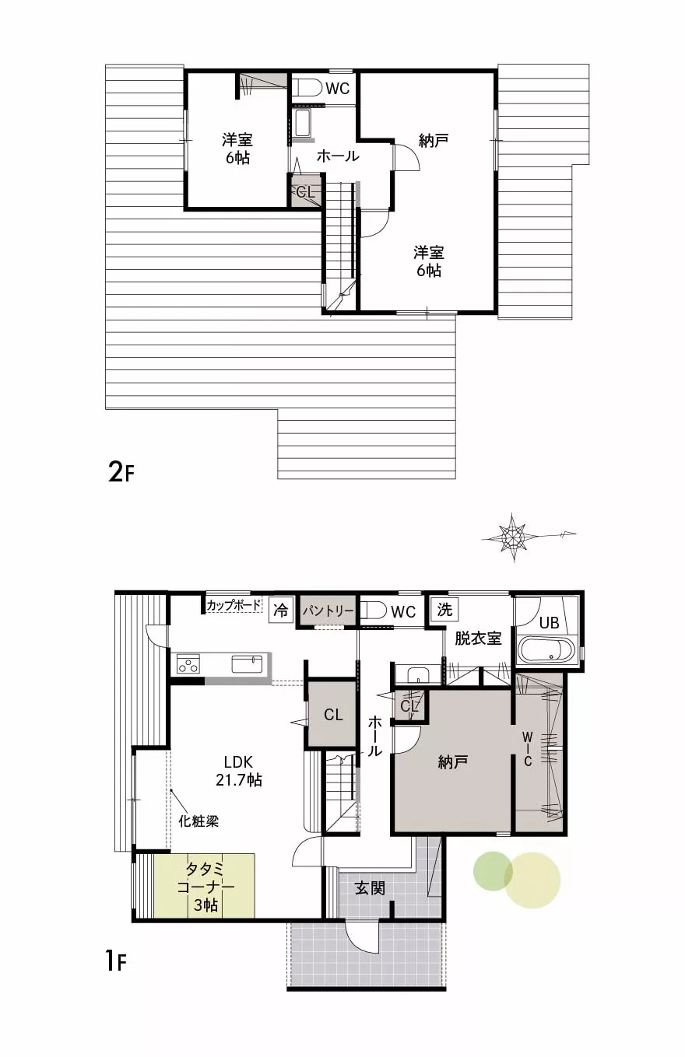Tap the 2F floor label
pyautogui.click(x=121, y=471)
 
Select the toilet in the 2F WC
pyautogui.click(x=306, y=88)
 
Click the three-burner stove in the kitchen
pyautogui.click(x=188, y=663)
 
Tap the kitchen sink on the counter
pyautogui.click(x=247, y=663)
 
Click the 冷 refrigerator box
pyautogui.click(x=280, y=611)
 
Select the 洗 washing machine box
pyautogui.click(x=444, y=610)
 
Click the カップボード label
pyautogui.click(x=234, y=605)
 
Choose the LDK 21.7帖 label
pyautogui.click(x=239, y=771)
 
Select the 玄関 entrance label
pyautogui.click(x=370, y=888)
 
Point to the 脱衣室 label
pyautogui.click(x=478, y=638)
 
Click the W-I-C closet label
pyautogui.click(x=528, y=749)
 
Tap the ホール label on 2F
pyautogui.click(x=338, y=156)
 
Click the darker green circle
pyautogui.click(x=493, y=870)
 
